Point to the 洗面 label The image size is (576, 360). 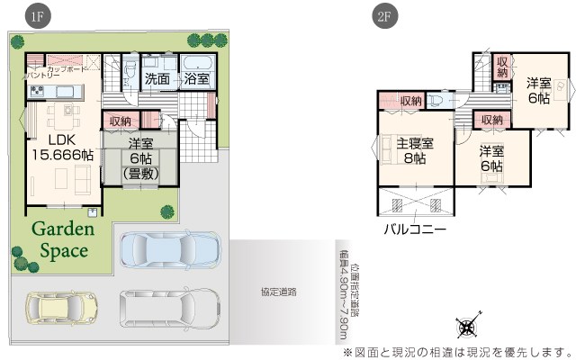[x=157, y=79]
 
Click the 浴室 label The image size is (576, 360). [x=196, y=79]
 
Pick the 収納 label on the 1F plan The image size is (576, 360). [x=121, y=121]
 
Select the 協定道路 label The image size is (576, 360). [x=279, y=292]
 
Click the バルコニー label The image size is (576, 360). [x=414, y=230]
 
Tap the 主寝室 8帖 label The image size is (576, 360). [x=415, y=151]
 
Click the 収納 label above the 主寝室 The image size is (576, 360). [x=410, y=101]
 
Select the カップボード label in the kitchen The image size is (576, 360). [x=67, y=69]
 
